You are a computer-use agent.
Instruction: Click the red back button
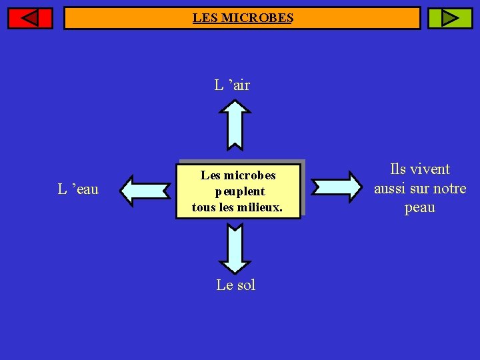pyautogui.click(x=30, y=18)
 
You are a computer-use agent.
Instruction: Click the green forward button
pyautogui.click(x=449, y=18)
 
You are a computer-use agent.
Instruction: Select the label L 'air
pyautogui.click(x=232, y=85)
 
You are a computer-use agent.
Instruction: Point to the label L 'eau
pyautogui.click(x=78, y=189)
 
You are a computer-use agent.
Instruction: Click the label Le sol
pyautogui.click(x=235, y=285)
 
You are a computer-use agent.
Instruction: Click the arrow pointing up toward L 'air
pyautogui.click(x=235, y=124)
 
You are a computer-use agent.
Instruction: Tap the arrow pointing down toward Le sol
pyautogui.click(x=235, y=249)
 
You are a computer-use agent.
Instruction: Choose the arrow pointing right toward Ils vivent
pyautogui.click(x=335, y=186)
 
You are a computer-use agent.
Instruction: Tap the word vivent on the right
pyautogui.click(x=430, y=169)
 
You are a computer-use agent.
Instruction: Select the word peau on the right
pyautogui.click(x=420, y=207)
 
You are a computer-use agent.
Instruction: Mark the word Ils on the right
pyautogui.click(x=398, y=169)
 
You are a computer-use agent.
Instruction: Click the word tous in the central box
pyautogui.click(x=203, y=207)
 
